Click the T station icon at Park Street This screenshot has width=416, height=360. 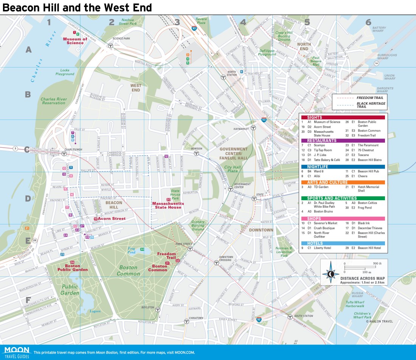point(190,249)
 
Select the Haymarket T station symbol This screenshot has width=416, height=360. point(254,128)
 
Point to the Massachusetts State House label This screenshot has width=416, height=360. point(168,205)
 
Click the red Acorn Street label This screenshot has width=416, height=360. point(112,219)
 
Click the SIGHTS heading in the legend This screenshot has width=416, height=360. point(315,117)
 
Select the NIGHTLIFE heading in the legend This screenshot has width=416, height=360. point(317,167)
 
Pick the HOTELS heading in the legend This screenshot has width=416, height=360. point(315,244)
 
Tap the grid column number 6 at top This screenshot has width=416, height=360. point(368,22)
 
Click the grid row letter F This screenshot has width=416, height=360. point(28,300)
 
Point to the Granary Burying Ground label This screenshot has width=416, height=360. point(198,226)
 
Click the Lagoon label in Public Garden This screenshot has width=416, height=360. point(95,311)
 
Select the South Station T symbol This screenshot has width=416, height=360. point(290,317)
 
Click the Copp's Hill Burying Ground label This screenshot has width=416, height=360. point(283,36)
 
